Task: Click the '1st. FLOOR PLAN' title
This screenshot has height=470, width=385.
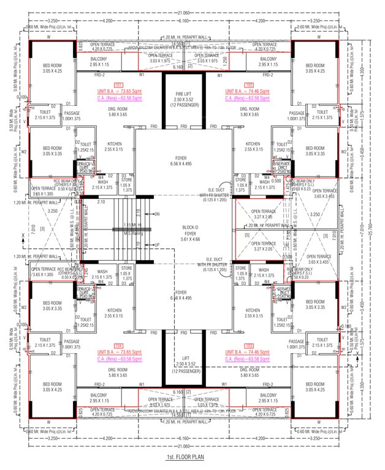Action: pos(192,457)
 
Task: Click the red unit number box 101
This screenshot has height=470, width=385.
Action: pos(119,85)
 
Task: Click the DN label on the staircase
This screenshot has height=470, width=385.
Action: pos(157,214)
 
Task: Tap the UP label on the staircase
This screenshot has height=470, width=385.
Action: pos(157,244)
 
